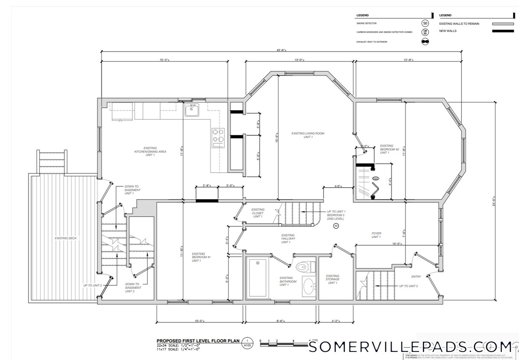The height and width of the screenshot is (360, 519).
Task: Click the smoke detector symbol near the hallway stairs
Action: pyautogui.click(x=336, y=226)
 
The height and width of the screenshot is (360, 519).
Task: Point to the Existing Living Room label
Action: pyautogui.click(x=308, y=135)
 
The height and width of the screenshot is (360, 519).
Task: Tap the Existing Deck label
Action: pyautogui.click(x=66, y=238)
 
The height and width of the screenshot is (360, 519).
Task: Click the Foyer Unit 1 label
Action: pyautogui.click(x=376, y=235)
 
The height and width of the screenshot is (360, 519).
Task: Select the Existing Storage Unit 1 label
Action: pyautogui.click(x=332, y=279)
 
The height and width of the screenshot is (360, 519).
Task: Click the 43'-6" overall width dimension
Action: pyautogui.click(x=281, y=50)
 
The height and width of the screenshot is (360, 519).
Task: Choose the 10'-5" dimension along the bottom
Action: pyautogui.click(x=200, y=321)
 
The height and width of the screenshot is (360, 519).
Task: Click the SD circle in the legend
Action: pyautogui.click(x=425, y=23)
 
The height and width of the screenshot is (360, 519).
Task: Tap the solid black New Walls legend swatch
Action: pyautogui.click(x=503, y=31)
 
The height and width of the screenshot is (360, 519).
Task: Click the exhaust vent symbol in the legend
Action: pyautogui.click(x=425, y=41)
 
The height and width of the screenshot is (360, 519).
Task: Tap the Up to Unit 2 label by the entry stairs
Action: pyautogui.click(x=408, y=286)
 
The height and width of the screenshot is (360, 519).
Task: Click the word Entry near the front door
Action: pyautogui.click(x=416, y=276)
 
